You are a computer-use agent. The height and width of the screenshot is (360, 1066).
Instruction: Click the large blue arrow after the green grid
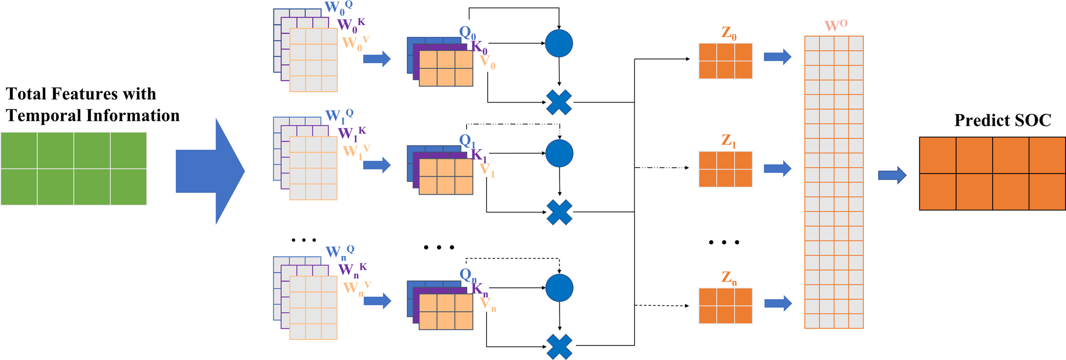pyautogui.click(x=210, y=171)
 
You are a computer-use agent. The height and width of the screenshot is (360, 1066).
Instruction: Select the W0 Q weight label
pyautogui.click(x=338, y=8)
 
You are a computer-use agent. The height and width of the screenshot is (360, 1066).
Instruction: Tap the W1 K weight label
pyautogui.click(x=351, y=133)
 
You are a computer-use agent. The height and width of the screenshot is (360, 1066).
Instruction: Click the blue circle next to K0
pyautogui.click(x=558, y=44)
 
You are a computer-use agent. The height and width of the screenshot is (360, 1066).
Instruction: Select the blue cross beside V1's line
pyautogui.click(x=559, y=212)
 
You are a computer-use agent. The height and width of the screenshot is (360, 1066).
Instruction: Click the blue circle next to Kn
pyautogui.click(x=559, y=288)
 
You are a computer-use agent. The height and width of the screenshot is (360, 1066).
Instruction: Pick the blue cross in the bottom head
pyautogui.click(x=559, y=347)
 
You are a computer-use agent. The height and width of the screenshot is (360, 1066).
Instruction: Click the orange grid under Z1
pyautogui.click(x=725, y=169)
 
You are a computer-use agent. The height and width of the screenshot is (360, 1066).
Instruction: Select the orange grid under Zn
pyautogui.click(x=725, y=305)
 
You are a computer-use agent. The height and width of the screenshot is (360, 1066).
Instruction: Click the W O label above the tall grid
pyautogui.click(x=835, y=25)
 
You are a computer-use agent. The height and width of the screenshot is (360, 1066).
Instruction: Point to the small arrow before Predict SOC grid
pyautogui.click(x=892, y=175)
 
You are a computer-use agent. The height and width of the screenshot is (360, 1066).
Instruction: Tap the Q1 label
pyautogui.click(x=467, y=142)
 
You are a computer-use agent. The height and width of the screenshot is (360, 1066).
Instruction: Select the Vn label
pyautogui.click(x=487, y=304)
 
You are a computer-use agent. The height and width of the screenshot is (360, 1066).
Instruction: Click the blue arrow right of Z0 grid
pyautogui.click(x=777, y=57)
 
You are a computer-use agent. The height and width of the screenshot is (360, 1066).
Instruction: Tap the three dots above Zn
pyautogui.click(x=724, y=242)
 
